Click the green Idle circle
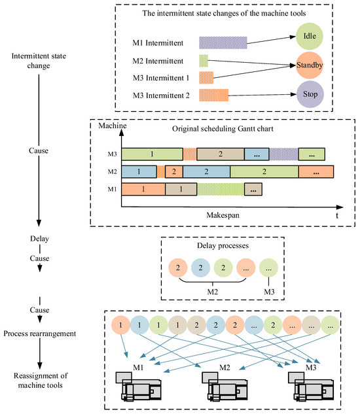309,36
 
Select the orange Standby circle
309,65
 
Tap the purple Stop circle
310,94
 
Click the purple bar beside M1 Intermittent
223,43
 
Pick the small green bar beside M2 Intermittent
204,61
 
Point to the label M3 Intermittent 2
161,95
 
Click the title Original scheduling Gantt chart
223,129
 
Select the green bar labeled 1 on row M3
153,154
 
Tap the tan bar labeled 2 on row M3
221,154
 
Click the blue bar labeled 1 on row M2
139,172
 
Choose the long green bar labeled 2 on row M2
264,172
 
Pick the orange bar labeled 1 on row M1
143,189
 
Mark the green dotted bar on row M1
221,189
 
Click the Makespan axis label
223,215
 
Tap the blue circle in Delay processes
200,267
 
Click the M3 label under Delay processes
269,292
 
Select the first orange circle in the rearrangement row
121,325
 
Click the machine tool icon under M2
225,387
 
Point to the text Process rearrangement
40,334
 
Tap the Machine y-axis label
113,126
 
